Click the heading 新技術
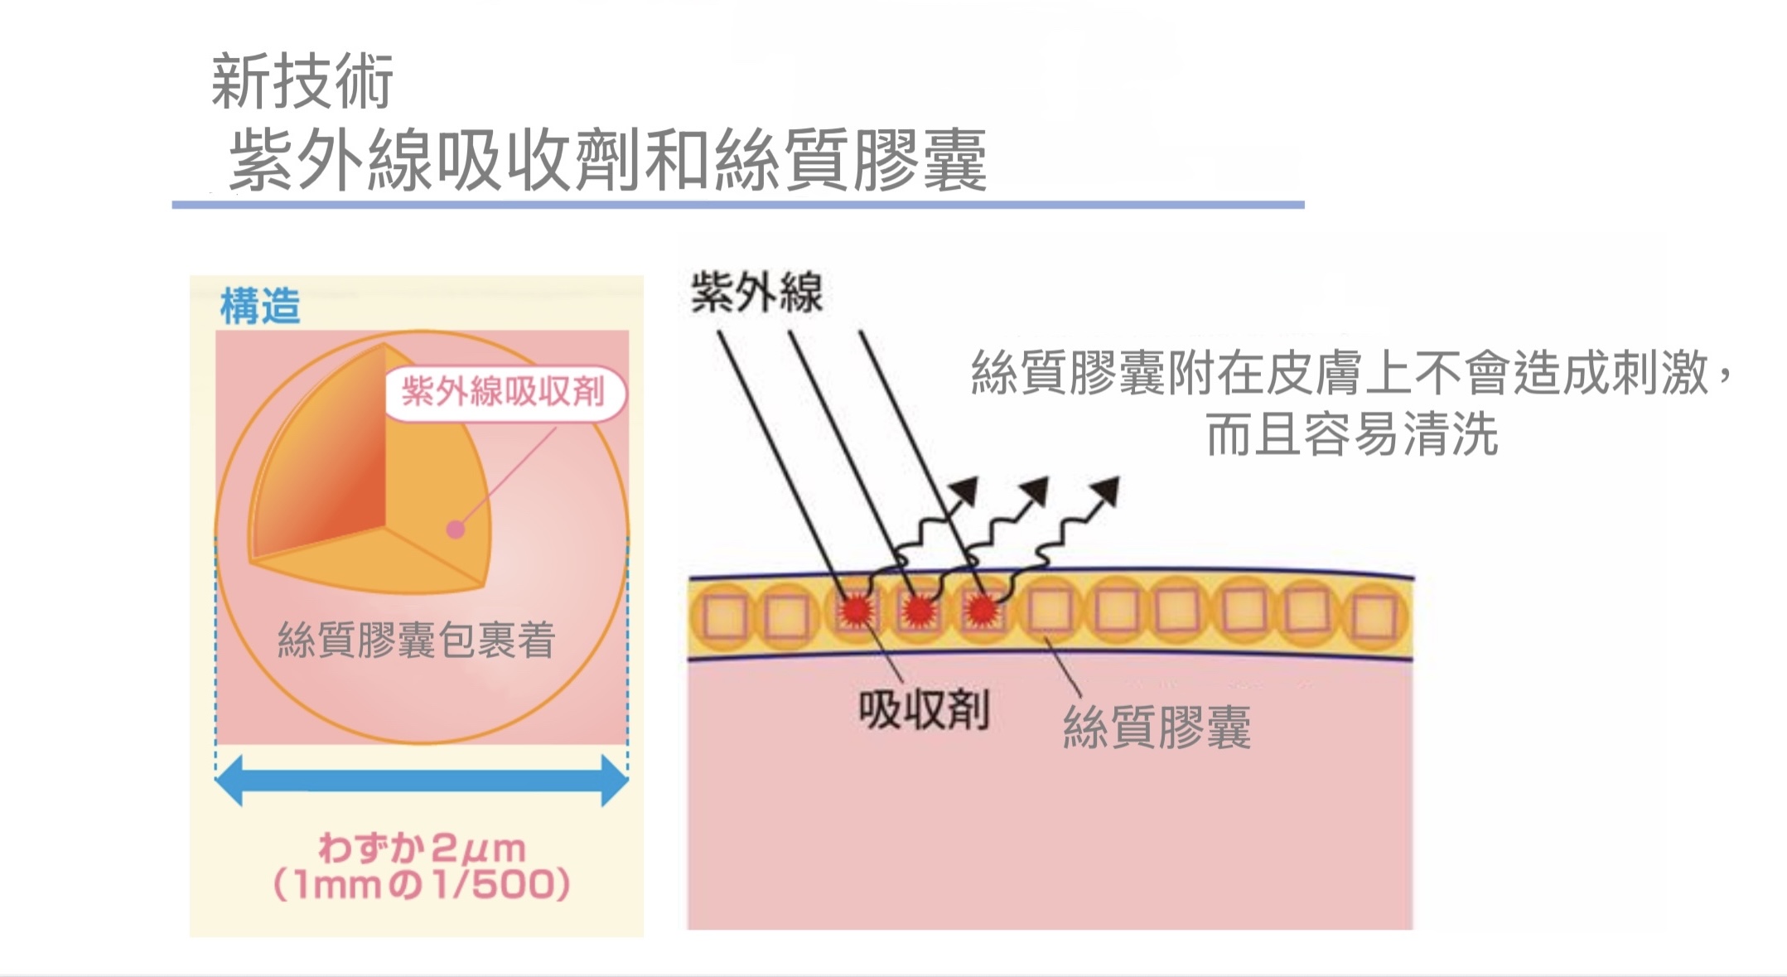(302, 81)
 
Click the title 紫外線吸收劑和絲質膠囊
(607, 161)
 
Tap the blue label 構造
(259, 306)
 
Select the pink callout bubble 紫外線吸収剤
(504, 392)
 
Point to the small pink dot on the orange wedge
(455, 530)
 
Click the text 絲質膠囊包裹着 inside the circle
(416, 640)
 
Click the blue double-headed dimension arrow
(421, 780)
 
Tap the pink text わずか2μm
(422, 848)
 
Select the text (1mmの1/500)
(422, 884)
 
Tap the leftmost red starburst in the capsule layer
(856, 611)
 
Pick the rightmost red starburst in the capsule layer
(982, 611)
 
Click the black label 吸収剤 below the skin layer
(923, 710)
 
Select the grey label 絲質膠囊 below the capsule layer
(1157, 728)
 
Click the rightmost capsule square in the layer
(1374, 616)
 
